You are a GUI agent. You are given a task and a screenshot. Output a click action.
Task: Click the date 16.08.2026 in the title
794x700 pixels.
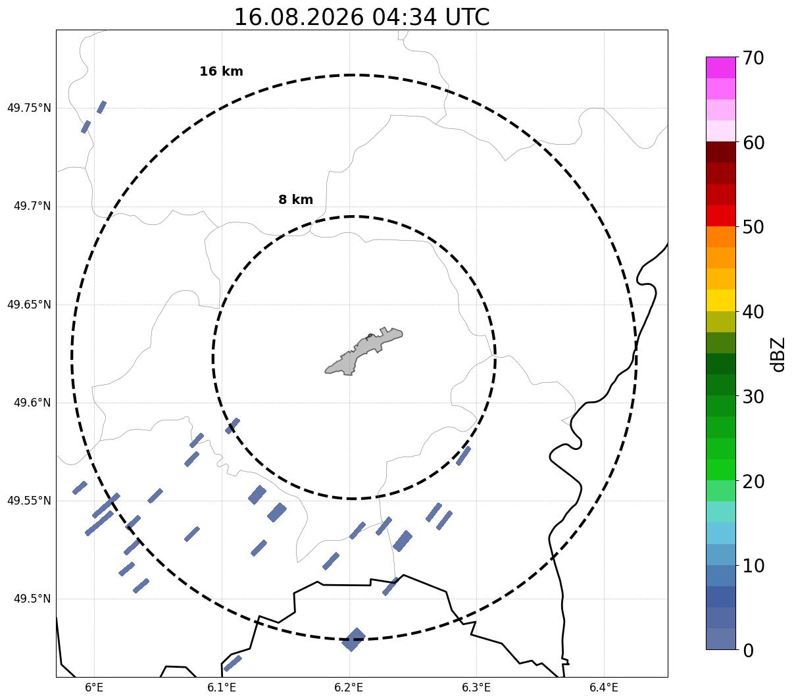[299, 17]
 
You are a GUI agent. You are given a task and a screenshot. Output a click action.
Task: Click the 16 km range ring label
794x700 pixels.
[221, 71]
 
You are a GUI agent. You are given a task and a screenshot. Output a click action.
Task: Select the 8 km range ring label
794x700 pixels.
[295, 199]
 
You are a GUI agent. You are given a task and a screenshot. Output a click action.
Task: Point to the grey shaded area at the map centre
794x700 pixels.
[363, 351]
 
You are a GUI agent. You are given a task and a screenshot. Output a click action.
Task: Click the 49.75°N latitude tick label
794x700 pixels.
[29, 108]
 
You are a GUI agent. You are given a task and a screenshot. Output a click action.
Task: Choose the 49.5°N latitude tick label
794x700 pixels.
[32, 599]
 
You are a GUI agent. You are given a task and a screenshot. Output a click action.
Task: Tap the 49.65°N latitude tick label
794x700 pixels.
[29, 305]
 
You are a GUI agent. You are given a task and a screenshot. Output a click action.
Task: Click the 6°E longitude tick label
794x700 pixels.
[94, 687]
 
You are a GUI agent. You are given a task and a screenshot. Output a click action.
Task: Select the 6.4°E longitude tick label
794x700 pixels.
[604, 687]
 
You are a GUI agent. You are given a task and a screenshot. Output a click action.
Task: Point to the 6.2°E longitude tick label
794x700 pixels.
[349, 687]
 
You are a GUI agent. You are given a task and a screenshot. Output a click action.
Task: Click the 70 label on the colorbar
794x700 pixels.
[753, 59]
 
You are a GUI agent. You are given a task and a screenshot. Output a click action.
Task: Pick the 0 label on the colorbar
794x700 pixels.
[748, 651]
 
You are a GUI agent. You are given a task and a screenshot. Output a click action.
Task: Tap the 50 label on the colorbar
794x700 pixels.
[753, 228]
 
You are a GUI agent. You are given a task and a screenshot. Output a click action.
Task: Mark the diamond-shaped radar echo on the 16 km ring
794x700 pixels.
[353, 639]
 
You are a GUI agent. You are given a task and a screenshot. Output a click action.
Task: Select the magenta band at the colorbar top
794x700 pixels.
[721, 67]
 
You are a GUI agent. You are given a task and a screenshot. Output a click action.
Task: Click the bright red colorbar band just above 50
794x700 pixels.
[721, 216]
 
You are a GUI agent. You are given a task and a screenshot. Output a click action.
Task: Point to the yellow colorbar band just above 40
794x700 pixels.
[721, 300]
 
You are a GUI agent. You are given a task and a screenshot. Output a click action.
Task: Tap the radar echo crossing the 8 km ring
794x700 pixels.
[232, 426]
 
